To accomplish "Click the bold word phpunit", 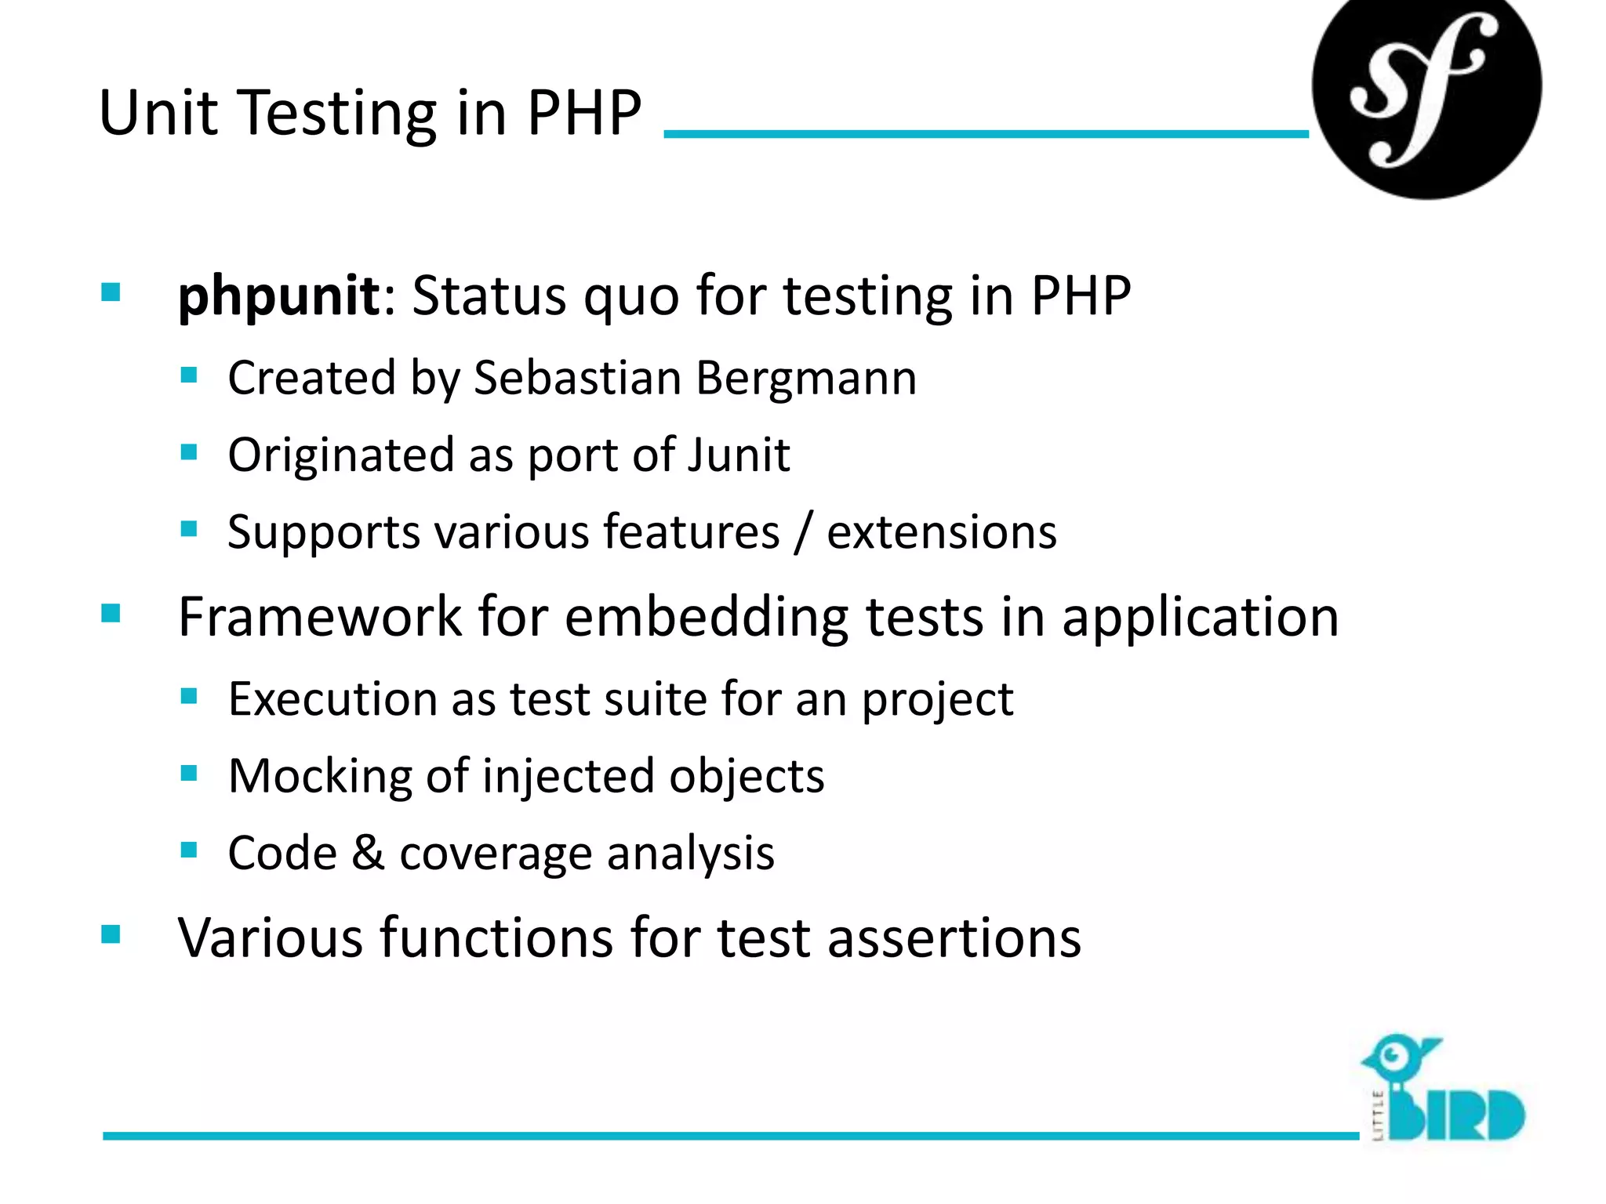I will click(x=278, y=296).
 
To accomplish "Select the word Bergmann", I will click(x=806, y=378).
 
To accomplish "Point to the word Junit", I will click(x=738, y=455).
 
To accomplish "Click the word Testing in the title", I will click(x=336, y=113).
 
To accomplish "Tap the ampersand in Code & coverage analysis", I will click(x=368, y=853).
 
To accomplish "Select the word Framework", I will click(x=320, y=617).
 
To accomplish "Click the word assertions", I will click(x=954, y=937).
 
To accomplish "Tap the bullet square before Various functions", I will click(x=111, y=934).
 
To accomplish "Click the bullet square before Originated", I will click(x=188, y=452).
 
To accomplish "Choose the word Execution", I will click(x=332, y=698).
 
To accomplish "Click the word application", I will click(x=1201, y=617).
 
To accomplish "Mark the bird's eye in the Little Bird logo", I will click(x=1393, y=1055).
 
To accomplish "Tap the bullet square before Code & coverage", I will click(x=188, y=850).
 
